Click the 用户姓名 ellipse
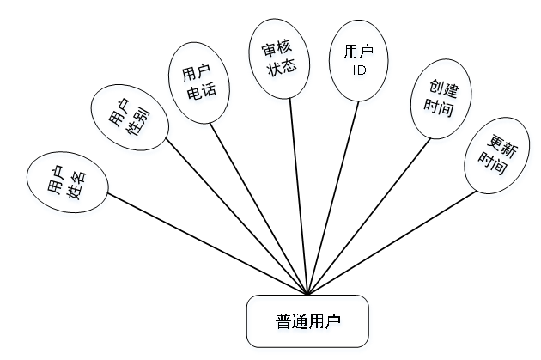[67, 180]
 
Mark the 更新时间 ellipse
[492, 157]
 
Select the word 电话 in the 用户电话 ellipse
[203, 90]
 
